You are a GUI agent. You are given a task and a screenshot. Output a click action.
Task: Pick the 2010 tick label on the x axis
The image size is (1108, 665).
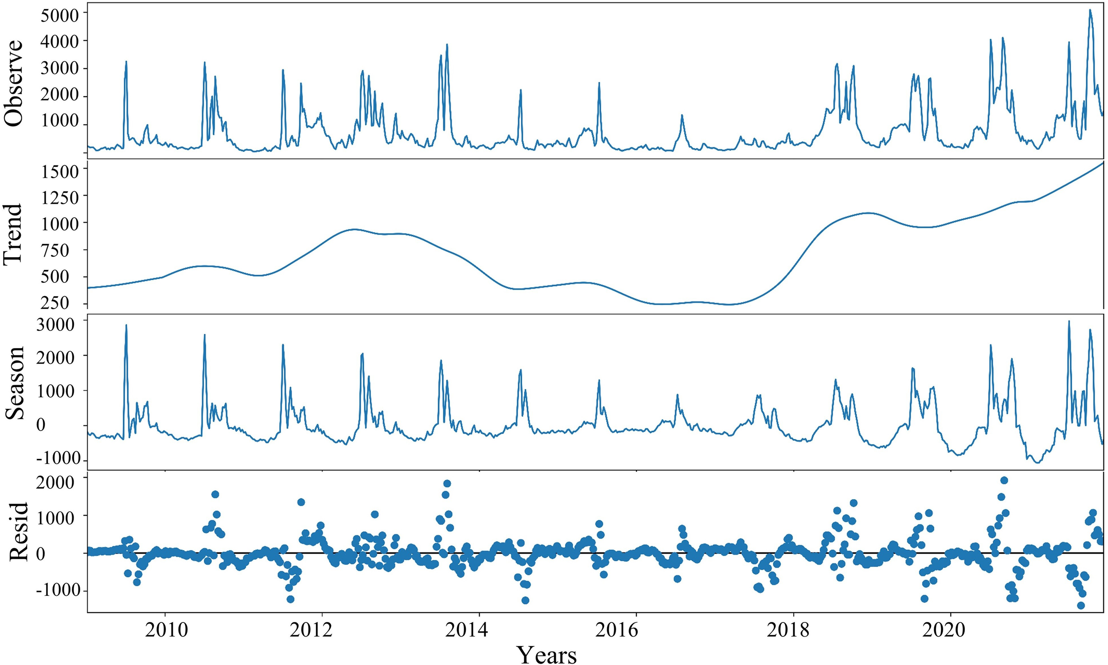pos(166,630)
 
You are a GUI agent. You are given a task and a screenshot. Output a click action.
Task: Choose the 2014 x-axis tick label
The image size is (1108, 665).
pos(479,630)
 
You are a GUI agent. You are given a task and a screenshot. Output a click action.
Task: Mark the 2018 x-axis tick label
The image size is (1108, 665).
pos(794,630)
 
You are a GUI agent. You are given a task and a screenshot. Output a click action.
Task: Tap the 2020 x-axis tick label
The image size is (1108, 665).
pos(950,630)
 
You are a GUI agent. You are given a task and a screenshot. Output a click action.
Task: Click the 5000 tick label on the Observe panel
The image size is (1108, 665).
pos(59,15)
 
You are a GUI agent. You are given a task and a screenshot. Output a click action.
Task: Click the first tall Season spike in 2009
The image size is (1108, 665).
pos(126,325)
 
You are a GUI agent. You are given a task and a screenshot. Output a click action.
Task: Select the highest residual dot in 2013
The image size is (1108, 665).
pos(446,483)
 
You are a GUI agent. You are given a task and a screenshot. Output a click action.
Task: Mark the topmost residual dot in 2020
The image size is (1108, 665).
pos(1004,481)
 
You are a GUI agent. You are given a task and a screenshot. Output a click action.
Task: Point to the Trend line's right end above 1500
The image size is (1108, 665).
pos(1102,164)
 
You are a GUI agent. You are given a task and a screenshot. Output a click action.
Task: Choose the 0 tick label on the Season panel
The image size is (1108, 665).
pos(40,425)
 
